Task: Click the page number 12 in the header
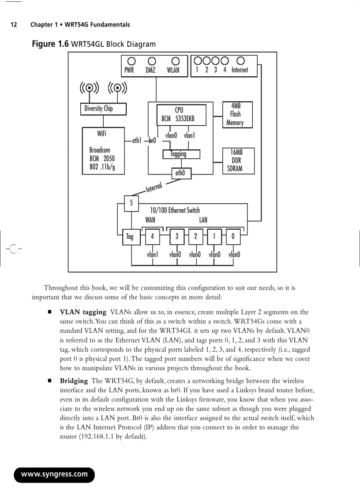pyautogui.click(x=14, y=25)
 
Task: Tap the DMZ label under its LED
pyautogui.click(x=150, y=70)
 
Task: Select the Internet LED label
pyautogui.click(x=240, y=70)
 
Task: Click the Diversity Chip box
pyautogui.click(x=103, y=108)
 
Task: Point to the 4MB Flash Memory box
pyautogui.click(x=238, y=115)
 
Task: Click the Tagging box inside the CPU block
pyautogui.click(x=181, y=154)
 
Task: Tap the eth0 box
pyautogui.click(x=181, y=174)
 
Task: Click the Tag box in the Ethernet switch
pyautogui.click(x=130, y=236)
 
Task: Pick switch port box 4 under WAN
pyautogui.click(x=153, y=236)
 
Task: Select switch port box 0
pyautogui.click(x=233, y=236)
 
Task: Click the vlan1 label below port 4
pyautogui.click(x=153, y=254)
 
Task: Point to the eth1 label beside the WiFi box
pyautogui.click(x=136, y=141)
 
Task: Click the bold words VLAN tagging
pyautogui.click(x=83, y=313)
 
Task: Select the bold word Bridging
pyautogui.click(x=74, y=381)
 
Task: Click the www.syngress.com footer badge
pyautogui.click(x=55, y=474)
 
